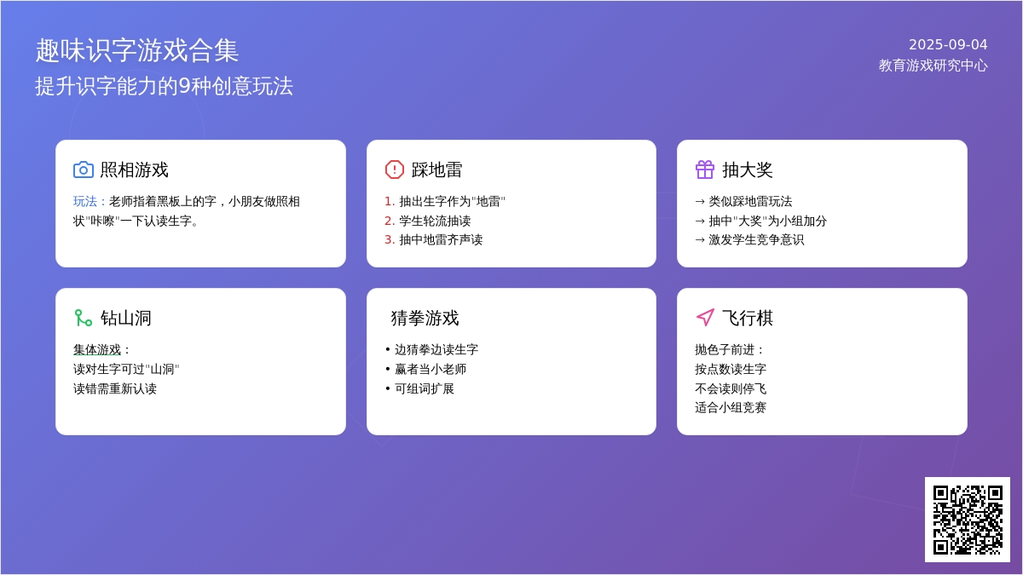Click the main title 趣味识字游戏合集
(x=137, y=50)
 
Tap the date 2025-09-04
(x=948, y=44)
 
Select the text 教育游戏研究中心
(x=933, y=66)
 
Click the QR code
(x=968, y=520)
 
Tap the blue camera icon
(x=84, y=170)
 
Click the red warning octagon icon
(x=394, y=170)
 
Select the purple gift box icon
(x=705, y=170)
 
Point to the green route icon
(x=84, y=318)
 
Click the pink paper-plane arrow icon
(x=705, y=318)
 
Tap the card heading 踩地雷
(x=436, y=170)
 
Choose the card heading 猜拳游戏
(x=425, y=318)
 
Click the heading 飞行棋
(x=748, y=318)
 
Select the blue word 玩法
(x=85, y=201)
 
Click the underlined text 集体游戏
(x=97, y=349)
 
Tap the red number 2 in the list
(x=388, y=221)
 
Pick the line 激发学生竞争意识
(x=756, y=239)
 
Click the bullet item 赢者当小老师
(x=431, y=369)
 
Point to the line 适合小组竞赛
(x=731, y=407)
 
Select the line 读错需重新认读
(x=114, y=388)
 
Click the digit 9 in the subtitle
(x=184, y=86)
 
